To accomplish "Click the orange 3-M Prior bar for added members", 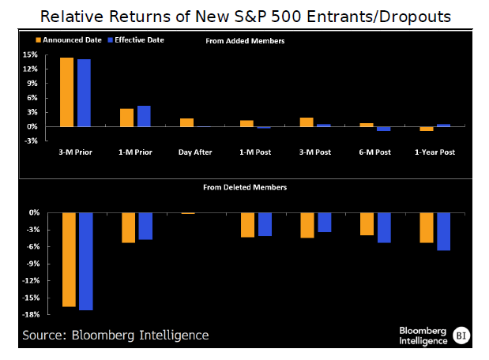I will pos(66,92).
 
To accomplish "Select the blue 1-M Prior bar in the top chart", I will pos(144,116).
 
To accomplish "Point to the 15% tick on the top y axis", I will pos(31,54).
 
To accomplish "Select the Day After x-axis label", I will pos(197,152).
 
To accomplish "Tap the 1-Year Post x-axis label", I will pos(434,152).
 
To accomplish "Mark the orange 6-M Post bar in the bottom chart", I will pos(367,224).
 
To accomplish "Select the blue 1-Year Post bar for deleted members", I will pos(444,231).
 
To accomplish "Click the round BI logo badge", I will pos(462,335).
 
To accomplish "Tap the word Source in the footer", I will pos(44,336).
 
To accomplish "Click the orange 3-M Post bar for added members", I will pos(307,122).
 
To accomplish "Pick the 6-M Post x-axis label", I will pos(375,152).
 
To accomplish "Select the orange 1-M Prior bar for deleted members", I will pos(128,227).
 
